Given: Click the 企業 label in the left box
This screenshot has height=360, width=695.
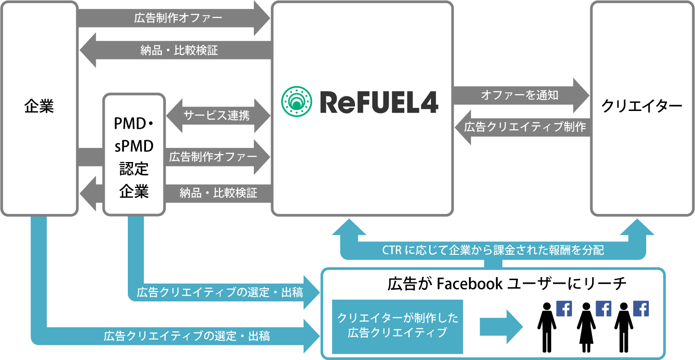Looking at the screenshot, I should point(39,107).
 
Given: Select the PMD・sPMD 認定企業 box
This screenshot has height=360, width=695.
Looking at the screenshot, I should point(134,154).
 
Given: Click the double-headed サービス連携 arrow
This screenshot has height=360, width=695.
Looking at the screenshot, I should point(217,116).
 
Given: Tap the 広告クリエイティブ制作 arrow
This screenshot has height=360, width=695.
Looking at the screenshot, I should point(524,127).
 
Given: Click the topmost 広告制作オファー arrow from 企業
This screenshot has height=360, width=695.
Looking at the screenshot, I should point(178,18).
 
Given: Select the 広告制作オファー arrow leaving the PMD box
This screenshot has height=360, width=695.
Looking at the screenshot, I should point(213,157).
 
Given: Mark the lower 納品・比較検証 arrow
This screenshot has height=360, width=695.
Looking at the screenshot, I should point(217,193).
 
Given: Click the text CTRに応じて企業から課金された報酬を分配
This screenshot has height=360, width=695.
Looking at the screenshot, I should point(493,250).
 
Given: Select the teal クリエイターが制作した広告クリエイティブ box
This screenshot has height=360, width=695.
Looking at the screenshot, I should point(397,326).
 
